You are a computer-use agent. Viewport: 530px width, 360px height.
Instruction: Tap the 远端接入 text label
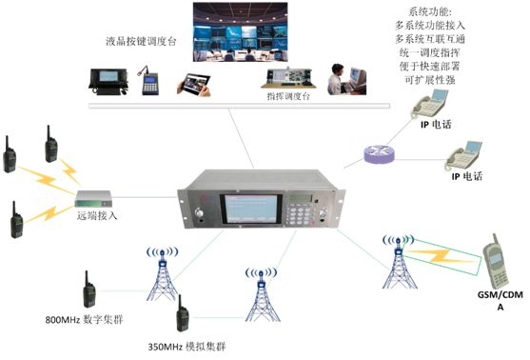click(x=99, y=216)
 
